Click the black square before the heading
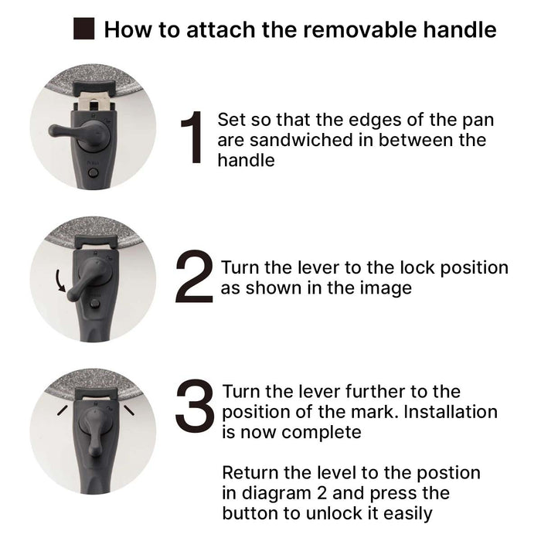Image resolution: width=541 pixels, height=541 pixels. [83, 29]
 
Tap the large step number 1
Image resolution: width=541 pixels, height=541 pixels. [192, 137]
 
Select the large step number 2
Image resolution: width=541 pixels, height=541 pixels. [193, 277]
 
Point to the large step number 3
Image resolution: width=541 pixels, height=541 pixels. [195, 406]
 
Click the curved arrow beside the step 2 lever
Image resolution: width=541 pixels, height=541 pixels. [60, 280]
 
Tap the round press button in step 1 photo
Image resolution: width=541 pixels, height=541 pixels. [93, 173]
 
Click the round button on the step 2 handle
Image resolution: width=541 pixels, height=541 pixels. [94, 304]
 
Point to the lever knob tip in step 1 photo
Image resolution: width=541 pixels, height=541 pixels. [54, 131]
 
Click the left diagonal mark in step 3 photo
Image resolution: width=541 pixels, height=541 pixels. [62, 410]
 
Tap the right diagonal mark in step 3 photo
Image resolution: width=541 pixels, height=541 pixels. [129, 410]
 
